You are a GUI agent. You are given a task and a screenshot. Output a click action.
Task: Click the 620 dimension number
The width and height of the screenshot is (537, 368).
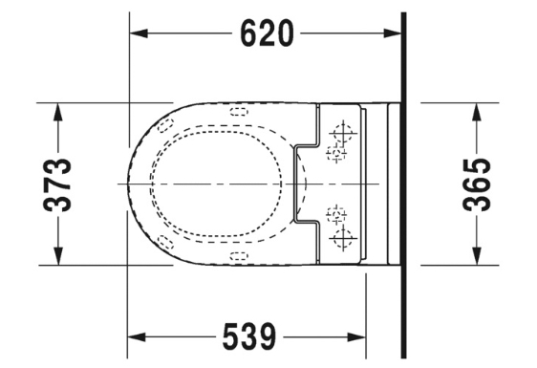tap(267, 33)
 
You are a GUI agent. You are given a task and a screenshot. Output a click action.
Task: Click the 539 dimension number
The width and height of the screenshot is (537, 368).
tap(249, 336)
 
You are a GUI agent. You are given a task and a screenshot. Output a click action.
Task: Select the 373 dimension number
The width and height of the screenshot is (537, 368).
tap(57, 184)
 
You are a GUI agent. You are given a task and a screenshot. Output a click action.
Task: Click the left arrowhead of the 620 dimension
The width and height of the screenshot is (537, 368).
tap(139, 33)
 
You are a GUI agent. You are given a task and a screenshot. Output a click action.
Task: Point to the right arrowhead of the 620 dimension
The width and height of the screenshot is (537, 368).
tap(392, 33)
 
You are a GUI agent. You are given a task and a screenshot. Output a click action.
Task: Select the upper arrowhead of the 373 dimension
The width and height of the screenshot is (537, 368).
tap(58, 112)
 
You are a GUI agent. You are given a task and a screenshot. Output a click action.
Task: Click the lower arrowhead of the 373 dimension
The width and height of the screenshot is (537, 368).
tap(58, 255)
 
